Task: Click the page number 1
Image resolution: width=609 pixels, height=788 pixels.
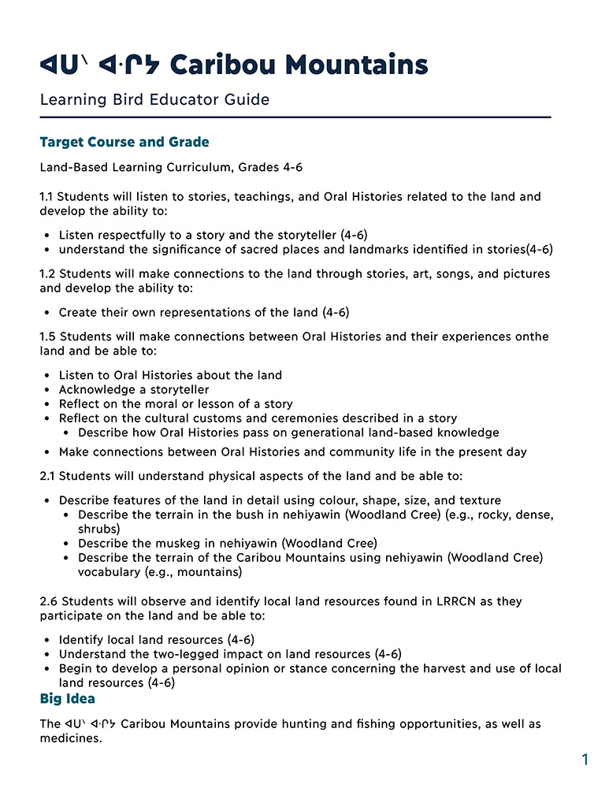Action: coord(585,760)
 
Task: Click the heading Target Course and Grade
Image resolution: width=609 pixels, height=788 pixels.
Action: coord(124,143)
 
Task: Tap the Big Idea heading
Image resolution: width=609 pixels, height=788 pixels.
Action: coord(67,699)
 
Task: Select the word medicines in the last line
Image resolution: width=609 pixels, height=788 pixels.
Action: coord(72,739)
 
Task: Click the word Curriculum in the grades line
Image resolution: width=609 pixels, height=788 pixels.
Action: coord(225,167)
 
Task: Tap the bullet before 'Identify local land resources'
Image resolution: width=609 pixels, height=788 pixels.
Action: coord(49,640)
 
